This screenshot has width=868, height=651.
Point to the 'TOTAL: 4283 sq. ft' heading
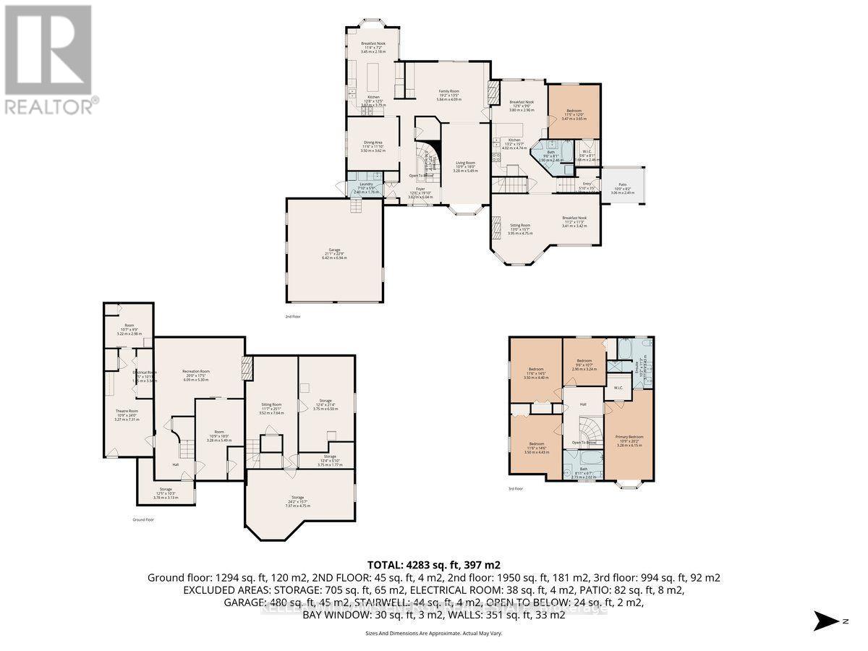[434, 565]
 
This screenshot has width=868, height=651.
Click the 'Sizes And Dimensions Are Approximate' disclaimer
[434, 634]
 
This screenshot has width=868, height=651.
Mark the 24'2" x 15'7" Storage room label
[299, 503]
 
